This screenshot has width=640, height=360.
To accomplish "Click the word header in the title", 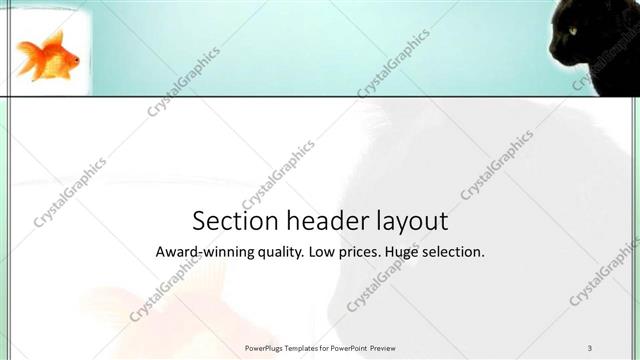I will coord(315,220).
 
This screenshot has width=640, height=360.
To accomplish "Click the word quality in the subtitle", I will coord(274,253).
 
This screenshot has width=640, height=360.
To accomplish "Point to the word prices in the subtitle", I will coord(361,253).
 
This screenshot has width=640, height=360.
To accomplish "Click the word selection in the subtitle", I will coord(455,253).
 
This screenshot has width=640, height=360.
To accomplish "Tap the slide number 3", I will coord(590,347).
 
